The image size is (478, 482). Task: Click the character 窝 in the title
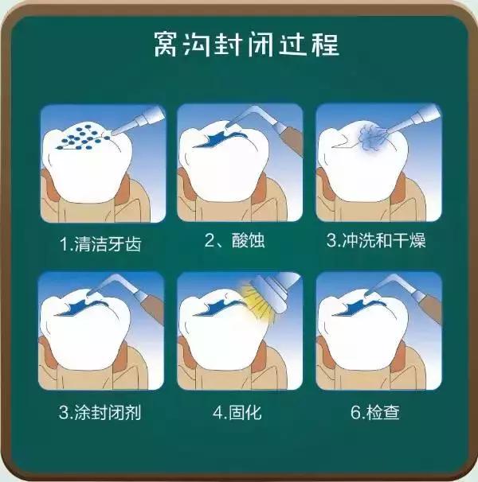[164, 45]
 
